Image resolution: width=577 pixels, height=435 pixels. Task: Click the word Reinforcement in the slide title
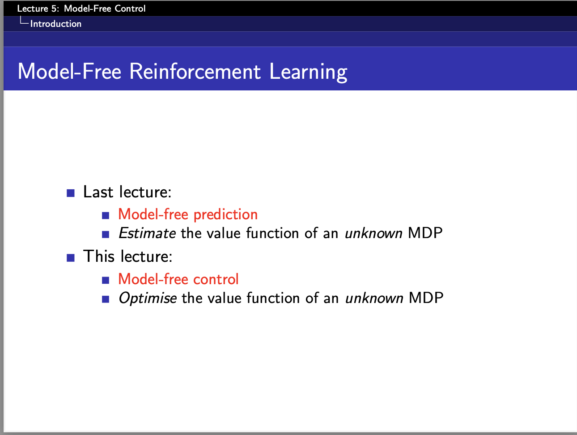click(195, 71)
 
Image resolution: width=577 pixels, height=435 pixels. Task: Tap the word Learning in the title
click(308, 72)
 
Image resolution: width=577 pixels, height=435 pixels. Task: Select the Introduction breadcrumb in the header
click(56, 24)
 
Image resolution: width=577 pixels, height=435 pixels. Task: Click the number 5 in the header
click(55, 9)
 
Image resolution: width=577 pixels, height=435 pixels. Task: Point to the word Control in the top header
click(130, 9)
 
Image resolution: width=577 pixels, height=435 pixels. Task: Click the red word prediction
click(225, 215)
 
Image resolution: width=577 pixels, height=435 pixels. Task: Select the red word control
click(216, 279)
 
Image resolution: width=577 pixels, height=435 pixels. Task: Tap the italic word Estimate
click(147, 233)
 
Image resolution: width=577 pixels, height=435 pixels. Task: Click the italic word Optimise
click(148, 299)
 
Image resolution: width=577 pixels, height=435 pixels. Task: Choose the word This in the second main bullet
click(99, 256)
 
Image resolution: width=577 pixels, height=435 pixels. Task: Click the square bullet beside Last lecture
click(71, 193)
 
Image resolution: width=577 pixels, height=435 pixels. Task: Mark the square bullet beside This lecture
click(71, 258)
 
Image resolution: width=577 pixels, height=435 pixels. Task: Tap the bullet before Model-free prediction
click(106, 216)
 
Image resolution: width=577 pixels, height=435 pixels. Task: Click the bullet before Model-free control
click(106, 280)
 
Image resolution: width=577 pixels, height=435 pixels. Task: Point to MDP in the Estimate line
click(425, 233)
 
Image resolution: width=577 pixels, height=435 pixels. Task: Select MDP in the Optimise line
click(426, 298)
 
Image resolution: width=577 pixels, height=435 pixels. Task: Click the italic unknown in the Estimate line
click(373, 233)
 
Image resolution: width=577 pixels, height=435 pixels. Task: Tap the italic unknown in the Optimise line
click(374, 298)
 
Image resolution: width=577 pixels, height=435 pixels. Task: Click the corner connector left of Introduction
click(24, 21)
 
